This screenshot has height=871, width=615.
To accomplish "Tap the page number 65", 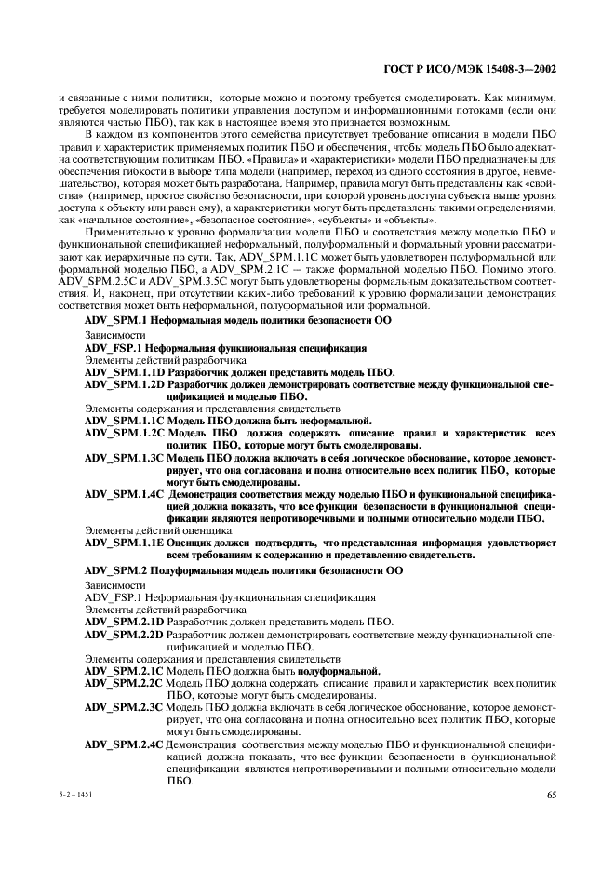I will click(551, 794).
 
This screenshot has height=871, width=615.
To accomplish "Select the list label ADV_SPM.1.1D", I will click(124, 371).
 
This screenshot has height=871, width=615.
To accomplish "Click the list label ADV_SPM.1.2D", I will click(124, 383).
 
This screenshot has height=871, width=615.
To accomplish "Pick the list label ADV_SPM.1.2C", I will click(124, 432).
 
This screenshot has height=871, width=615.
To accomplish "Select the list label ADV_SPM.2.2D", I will click(124, 633).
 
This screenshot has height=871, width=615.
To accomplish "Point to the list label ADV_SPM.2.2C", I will click(124, 682).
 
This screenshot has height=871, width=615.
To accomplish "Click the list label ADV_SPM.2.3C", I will click(124, 706).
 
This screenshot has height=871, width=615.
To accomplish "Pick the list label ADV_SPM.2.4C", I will click(124, 743).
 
